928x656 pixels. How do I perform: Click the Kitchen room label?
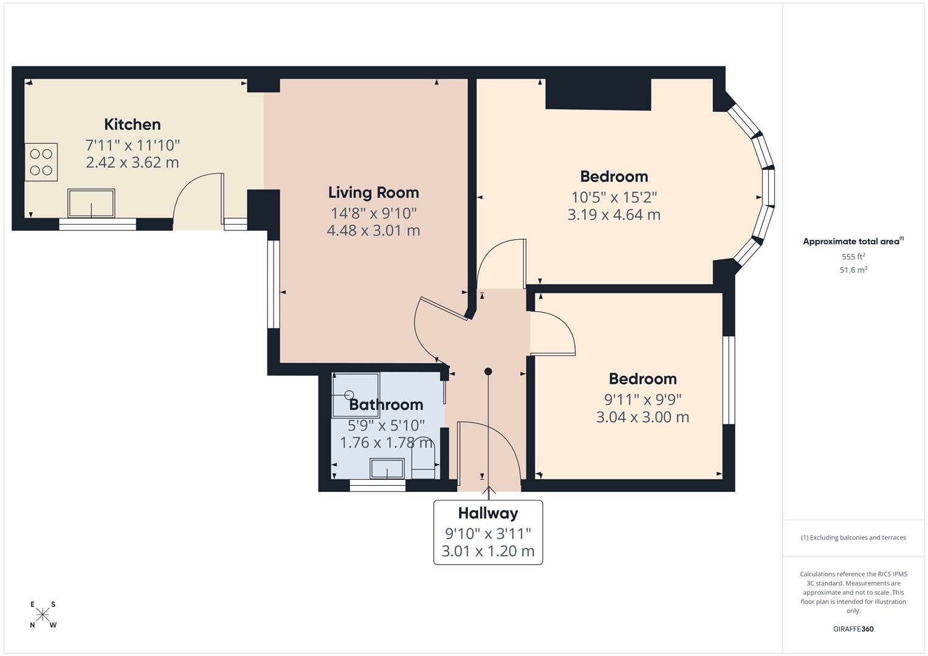tap(132, 125)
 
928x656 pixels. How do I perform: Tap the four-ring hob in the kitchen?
tap(41, 162)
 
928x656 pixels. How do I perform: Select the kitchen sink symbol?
tap(91, 203)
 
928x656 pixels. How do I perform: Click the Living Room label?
tap(373, 193)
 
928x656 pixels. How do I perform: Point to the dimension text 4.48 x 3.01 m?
tap(373, 230)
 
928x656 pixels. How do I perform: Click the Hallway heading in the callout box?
tap(488, 513)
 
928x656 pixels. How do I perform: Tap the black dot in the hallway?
tap(488, 372)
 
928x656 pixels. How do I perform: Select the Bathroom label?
tap(386, 405)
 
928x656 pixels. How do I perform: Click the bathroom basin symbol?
tap(387, 468)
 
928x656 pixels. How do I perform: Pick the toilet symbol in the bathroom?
tap(422, 457)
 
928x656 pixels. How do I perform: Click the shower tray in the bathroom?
tap(356, 395)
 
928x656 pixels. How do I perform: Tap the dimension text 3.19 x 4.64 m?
tap(614, 214)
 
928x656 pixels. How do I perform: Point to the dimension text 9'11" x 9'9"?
tap(642, 400)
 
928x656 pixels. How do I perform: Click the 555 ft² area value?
tap(853, 256)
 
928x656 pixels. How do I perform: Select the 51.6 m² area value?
tap(853, 270)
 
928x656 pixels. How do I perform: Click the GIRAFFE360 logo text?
tap(853, 629)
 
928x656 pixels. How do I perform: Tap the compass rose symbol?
tap(43, 614)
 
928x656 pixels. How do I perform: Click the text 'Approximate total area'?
tap(851, 242)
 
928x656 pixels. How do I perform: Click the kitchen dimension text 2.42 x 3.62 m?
tap(132, 162)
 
